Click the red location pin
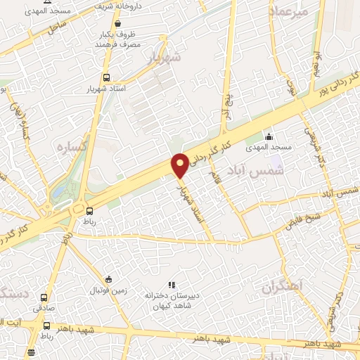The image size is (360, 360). [180, 165]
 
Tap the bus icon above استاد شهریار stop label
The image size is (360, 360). [106, 78]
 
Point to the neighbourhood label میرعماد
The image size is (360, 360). [287, 11]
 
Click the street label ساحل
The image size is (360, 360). [58, 28]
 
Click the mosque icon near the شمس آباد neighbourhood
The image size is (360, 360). [267, 137]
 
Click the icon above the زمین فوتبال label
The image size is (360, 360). [106, 279]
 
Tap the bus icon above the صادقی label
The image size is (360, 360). [46, 297]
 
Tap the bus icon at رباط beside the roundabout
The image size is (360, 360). [89, 210]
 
